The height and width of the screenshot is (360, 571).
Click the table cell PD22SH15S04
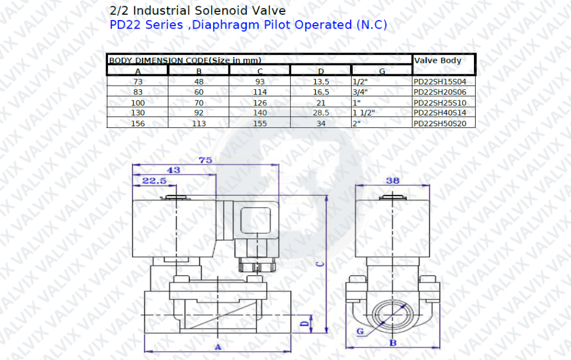440,82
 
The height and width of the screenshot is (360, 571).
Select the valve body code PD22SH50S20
440,123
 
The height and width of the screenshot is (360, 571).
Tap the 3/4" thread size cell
360,92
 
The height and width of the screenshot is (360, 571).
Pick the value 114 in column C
260,92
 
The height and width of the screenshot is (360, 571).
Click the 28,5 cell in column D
321,113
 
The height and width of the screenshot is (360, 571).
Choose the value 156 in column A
138,123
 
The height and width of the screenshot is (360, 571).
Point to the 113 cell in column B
199,123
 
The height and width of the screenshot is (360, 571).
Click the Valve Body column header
438,61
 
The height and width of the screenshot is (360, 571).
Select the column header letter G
382,71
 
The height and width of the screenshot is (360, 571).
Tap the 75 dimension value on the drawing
206,160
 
